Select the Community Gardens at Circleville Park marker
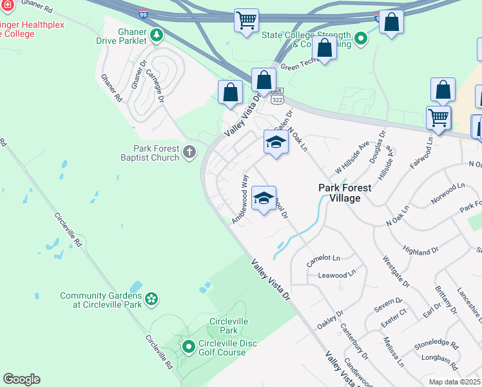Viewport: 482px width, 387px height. (151, 299)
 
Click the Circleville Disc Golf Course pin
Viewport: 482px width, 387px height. (189, 348)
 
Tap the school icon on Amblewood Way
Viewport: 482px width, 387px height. (264, 199)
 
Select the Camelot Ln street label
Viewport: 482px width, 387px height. (323, 258)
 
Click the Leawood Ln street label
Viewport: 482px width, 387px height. (336, 273)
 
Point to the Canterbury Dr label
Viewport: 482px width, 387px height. (354, 341)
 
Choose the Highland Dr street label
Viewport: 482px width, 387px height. (420, 250)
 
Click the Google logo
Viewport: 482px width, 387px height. (21, 379)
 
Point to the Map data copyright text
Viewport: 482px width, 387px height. (455, 382)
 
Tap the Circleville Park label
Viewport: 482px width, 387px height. (224, 326)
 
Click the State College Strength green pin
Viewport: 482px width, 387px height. (361, 39)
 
